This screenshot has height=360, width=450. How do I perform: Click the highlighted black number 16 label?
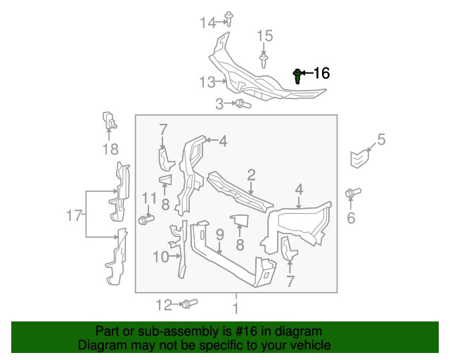(321, 73)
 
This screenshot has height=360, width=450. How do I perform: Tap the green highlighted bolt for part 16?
(298, 75)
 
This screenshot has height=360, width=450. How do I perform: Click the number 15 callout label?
(264, 36)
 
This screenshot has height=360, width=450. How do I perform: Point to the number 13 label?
(207, 82)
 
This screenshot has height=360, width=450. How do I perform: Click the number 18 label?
(110, 149)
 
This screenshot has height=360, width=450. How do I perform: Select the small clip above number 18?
(109, 120)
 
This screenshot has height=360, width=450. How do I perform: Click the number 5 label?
(382, 139)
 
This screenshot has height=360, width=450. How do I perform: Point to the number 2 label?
(251, 174)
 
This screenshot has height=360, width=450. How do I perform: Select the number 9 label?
(219, 233)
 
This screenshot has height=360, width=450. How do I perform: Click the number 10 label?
(160, 257)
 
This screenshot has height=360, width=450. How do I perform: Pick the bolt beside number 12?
(188, 304)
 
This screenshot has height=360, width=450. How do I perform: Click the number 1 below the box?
(236, 309)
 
